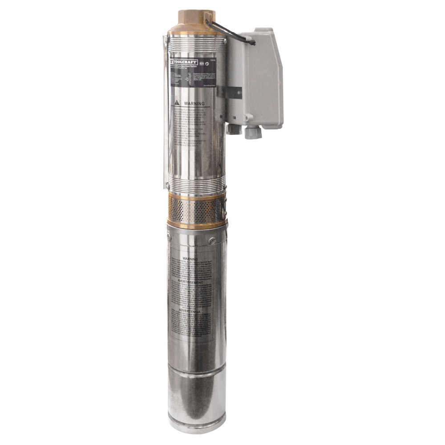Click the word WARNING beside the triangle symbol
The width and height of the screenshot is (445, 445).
click(194, 104)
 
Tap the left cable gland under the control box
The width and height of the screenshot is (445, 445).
click(234, 129)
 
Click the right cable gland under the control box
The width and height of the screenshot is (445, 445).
click(251, 132)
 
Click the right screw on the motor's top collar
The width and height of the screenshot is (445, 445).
click(212, 241)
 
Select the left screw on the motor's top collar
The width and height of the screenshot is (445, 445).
click(169, 237)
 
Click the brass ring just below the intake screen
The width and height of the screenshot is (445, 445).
click(196, 225)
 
